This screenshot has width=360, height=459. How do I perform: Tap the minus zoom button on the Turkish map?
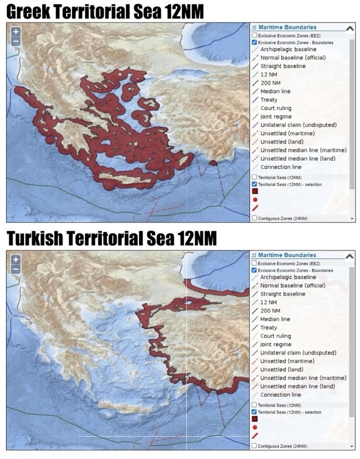[16, 269]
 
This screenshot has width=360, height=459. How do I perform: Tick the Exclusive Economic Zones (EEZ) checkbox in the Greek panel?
[254, 35]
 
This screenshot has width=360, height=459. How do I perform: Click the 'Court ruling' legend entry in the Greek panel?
[276, 108]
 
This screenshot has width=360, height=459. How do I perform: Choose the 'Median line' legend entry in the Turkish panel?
[275, 319]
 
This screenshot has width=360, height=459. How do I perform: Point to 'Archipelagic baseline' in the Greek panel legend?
[288, 50]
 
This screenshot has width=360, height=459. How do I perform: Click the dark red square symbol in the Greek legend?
[255, 191]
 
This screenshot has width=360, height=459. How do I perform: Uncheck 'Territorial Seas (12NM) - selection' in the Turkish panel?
[254, 412]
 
